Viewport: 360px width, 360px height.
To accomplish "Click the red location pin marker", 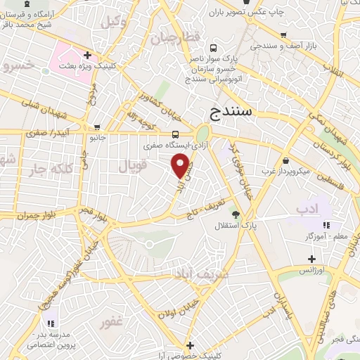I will [181, 166].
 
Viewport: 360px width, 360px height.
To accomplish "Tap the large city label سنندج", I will [230, 111].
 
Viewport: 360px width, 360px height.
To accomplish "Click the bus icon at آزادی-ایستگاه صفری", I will [174, 134].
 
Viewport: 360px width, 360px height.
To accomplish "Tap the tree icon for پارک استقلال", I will [236, 214].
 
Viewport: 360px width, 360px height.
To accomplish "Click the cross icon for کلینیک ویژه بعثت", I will [88, 54].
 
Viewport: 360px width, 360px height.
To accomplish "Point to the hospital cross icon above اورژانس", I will [311, 259].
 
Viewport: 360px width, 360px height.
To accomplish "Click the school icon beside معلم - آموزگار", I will [325, 225].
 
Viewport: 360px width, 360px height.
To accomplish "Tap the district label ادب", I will [307, 209].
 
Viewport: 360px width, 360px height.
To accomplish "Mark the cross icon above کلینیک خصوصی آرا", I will [190, 346].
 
